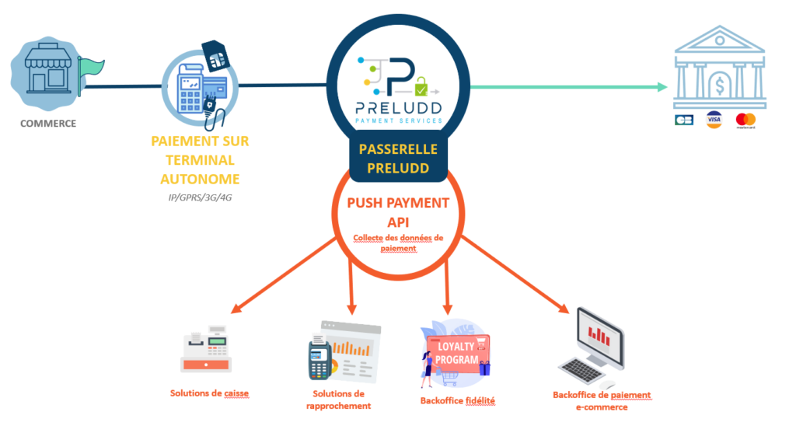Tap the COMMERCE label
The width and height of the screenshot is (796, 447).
tap(48, 123)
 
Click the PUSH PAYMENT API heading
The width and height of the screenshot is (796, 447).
tap(397, 211)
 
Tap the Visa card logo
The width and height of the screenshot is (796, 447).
tap(714, 120)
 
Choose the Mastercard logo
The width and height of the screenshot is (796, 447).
tap(745, 120)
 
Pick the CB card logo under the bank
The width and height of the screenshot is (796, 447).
tap(685, 120)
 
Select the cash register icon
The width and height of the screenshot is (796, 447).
tap(206, 351)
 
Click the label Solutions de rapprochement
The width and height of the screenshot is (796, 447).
tap(333, 400)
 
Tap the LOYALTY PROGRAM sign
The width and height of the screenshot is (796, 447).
tap(456, 354)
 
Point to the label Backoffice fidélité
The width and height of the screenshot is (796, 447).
tap(458, 400)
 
